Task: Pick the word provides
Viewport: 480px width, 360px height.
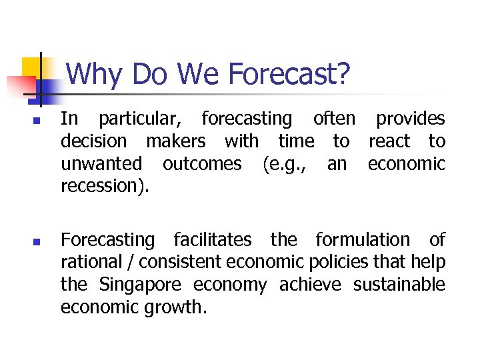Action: tap(410, 119)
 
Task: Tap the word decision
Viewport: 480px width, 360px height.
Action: tap(93, 141)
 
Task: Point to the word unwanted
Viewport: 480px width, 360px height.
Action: tap(101, 164)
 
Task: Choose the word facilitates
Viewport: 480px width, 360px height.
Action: tap(213, 239)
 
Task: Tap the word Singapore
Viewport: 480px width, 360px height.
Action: tap(140, 285)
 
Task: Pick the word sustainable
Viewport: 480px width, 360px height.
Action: tap(399, 285)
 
